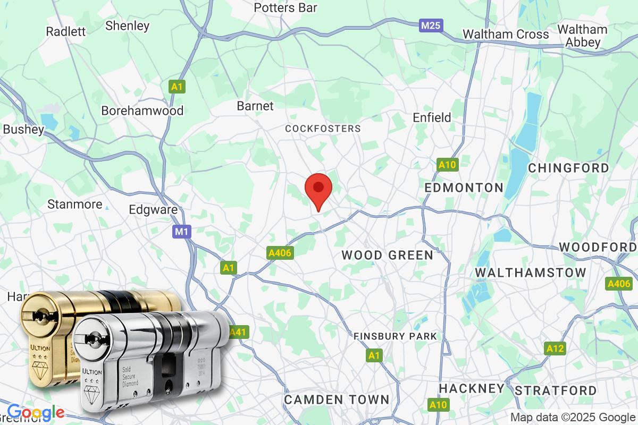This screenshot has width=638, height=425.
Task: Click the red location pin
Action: click(x=318, y=189)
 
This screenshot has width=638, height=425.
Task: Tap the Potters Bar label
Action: click(x=293, y=7)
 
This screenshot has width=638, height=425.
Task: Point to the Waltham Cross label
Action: click(x=506, y=34)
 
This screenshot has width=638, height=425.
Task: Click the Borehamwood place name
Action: click(x=142, y=110)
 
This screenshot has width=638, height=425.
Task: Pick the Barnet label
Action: click(x=255, y=106)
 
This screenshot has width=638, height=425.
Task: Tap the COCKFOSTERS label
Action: click(x=323, y=129)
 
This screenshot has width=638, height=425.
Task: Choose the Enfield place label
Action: click(x=432, y=117)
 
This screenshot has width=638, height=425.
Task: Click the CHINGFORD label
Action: click(x=568, y=168)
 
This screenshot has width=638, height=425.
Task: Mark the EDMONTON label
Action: click(x=464, y=187)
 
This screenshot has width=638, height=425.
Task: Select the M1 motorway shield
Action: click(x=181, y=232)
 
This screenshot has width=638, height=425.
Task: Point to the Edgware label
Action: click(x=153, y=209)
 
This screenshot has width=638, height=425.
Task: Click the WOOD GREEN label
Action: click(x=387, y=255)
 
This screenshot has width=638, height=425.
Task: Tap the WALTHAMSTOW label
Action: click(x=530, y=273)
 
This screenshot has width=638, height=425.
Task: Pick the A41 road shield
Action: click(x=239, y=332)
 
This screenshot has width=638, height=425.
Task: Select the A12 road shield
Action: click(x=555, y=348)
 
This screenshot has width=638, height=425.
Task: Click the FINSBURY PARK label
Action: click(x=395, y=336)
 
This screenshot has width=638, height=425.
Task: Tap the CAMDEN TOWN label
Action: click(x=337, y=399)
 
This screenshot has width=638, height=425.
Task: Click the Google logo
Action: click(x=35, y=412)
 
